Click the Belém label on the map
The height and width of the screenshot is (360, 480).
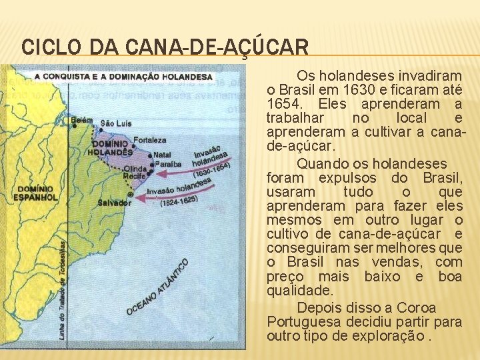(x=82, y=120)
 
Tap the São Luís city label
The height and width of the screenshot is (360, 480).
(x=116, y=123)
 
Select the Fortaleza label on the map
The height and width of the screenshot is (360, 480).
(x=149, y=140)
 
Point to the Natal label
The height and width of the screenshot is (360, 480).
(x=162, y=155)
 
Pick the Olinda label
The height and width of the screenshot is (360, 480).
(x=135, y=169)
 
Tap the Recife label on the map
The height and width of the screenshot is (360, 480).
(x=135, y=177)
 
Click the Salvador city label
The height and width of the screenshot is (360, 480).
(x=114, y=203)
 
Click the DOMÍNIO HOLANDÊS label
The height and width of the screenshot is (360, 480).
(x=111, y=147)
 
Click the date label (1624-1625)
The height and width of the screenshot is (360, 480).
(x=179, y=199)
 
